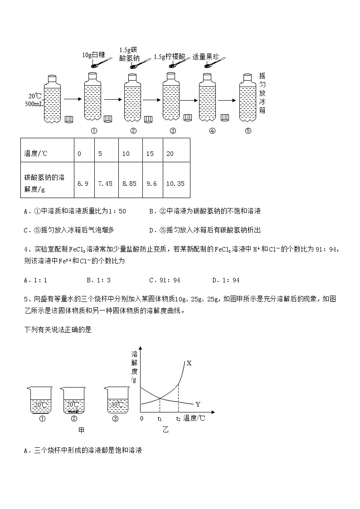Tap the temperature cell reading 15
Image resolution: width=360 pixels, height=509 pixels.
[150, 154]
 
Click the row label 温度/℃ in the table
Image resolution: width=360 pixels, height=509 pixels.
[36, 154]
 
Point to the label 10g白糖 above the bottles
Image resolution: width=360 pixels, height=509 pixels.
[93, 55]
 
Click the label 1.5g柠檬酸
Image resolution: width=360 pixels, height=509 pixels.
[170, 57]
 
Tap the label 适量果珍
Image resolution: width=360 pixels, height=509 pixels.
[206, 57]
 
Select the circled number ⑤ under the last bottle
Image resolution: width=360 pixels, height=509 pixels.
[248, 131]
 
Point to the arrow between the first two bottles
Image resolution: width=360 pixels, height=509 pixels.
[72, 98]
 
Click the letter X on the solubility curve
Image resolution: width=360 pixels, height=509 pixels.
[189, 363]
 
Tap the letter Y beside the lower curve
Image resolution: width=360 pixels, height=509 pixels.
[198, 404]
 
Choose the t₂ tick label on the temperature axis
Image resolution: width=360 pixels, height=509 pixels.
[179, 419]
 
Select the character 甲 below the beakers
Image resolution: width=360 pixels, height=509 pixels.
[82, 430]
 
